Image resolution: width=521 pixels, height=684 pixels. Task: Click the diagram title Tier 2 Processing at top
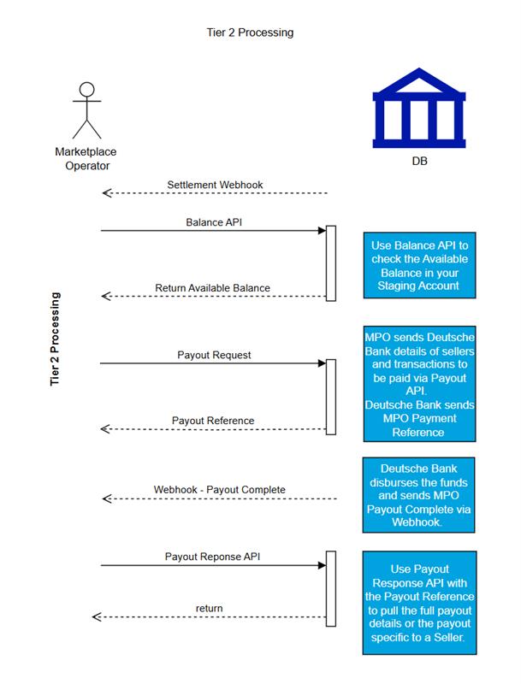tap(250, 32)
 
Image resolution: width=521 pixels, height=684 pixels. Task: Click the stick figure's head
tap(87, 89)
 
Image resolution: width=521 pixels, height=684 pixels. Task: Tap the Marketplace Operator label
tap(86, 159)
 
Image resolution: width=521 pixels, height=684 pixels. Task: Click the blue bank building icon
tap(419, 109)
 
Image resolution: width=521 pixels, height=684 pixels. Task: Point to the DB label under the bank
tap(419, 161)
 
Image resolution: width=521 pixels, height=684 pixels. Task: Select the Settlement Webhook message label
tap(215, 185)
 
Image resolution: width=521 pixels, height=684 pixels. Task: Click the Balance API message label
tap(214, 222)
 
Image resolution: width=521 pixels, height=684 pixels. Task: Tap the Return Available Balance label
tap(212, 288)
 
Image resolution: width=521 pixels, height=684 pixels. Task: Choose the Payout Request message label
tap(214, 355)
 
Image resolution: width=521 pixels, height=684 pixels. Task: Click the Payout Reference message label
tap(213, 421)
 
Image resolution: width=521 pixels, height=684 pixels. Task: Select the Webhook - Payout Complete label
tap(220, 490)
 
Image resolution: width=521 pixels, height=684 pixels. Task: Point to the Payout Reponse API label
tap(212, 557)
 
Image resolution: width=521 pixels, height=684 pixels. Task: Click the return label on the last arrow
tap(209, 608)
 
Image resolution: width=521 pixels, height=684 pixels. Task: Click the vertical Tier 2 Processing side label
tap(55, 339)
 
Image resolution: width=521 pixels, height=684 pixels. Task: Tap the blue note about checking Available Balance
tap(419, 265)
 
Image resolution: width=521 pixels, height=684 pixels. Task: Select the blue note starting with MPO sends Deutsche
tap(419, 384)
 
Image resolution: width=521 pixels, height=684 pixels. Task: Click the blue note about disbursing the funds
tap(418, 495)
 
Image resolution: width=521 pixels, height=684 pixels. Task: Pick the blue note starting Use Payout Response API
tap(419, 603)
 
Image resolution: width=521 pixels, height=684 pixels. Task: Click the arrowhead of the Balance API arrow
tap(322, 230)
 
